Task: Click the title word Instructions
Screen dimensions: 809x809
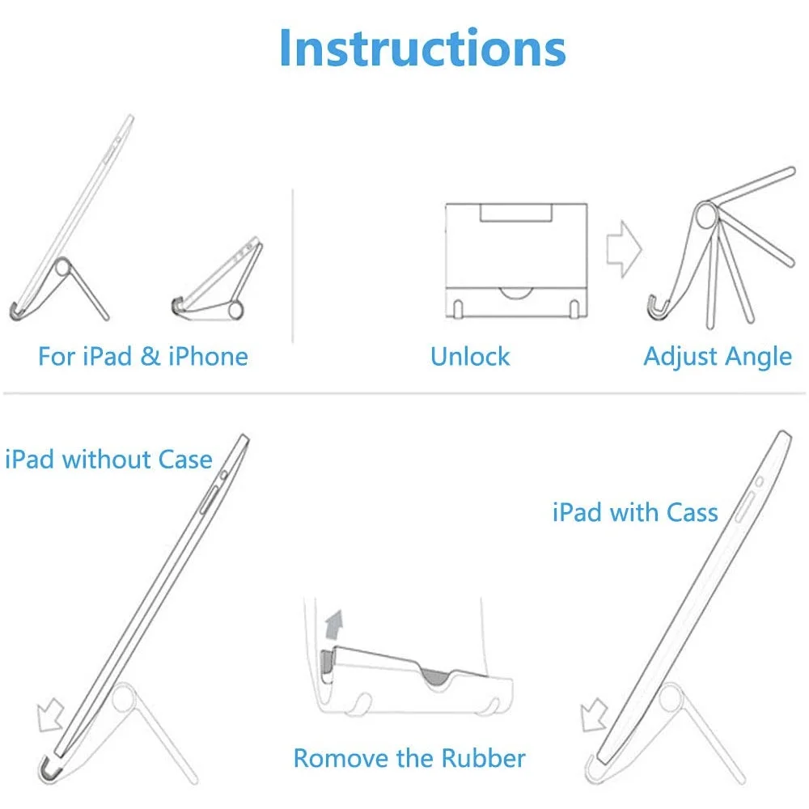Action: click(x=421, y=48)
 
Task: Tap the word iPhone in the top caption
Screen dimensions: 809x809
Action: click(x=208, y=357)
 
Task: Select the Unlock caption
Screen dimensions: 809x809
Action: click(x=470, y=357)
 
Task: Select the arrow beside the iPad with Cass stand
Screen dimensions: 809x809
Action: click(x=596, y=715)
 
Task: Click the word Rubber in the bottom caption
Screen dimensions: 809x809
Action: click(x=483, y=758)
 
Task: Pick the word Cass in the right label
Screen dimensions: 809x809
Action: click(x=693, y=512)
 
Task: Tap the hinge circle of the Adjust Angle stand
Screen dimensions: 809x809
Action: click(x=705, y=216)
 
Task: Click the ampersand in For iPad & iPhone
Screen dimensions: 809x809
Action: click(x=150, y=357)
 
